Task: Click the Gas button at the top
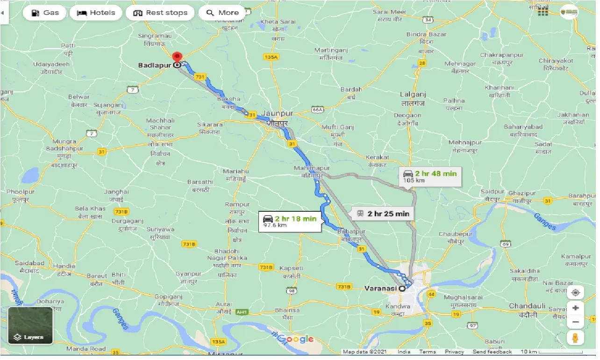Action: click(45, 13)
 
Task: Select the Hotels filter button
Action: click(96, 13)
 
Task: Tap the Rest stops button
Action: click(160, 13)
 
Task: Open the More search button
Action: click(222, 13)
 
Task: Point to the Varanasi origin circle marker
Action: click(402, 288)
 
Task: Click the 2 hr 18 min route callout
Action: click(290, 221)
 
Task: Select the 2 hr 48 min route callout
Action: click(430, 176)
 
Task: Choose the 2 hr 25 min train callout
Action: click(383, 214)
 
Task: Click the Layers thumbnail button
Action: click(30, 325)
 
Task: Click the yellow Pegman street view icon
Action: click(576, 338)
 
